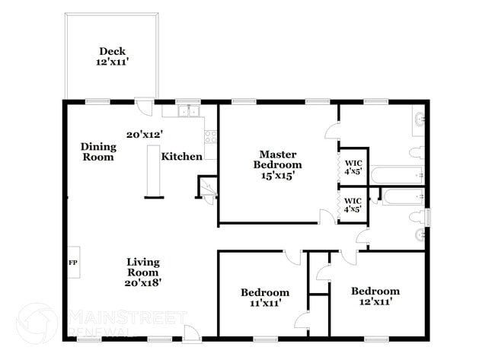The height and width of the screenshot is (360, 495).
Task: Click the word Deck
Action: pos(111,51)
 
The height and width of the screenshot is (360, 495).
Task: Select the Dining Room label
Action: pos(99,151)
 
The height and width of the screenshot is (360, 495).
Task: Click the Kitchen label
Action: pos(181,157)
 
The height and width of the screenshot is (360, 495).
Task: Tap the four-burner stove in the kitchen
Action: pos(211,137)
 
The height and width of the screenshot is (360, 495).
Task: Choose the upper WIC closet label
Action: pos(353,166)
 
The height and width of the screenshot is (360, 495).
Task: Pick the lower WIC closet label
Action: pos(353,203)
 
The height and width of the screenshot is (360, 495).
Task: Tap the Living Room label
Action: pos(142,267)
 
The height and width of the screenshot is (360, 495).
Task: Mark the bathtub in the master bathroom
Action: pos(397,174)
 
